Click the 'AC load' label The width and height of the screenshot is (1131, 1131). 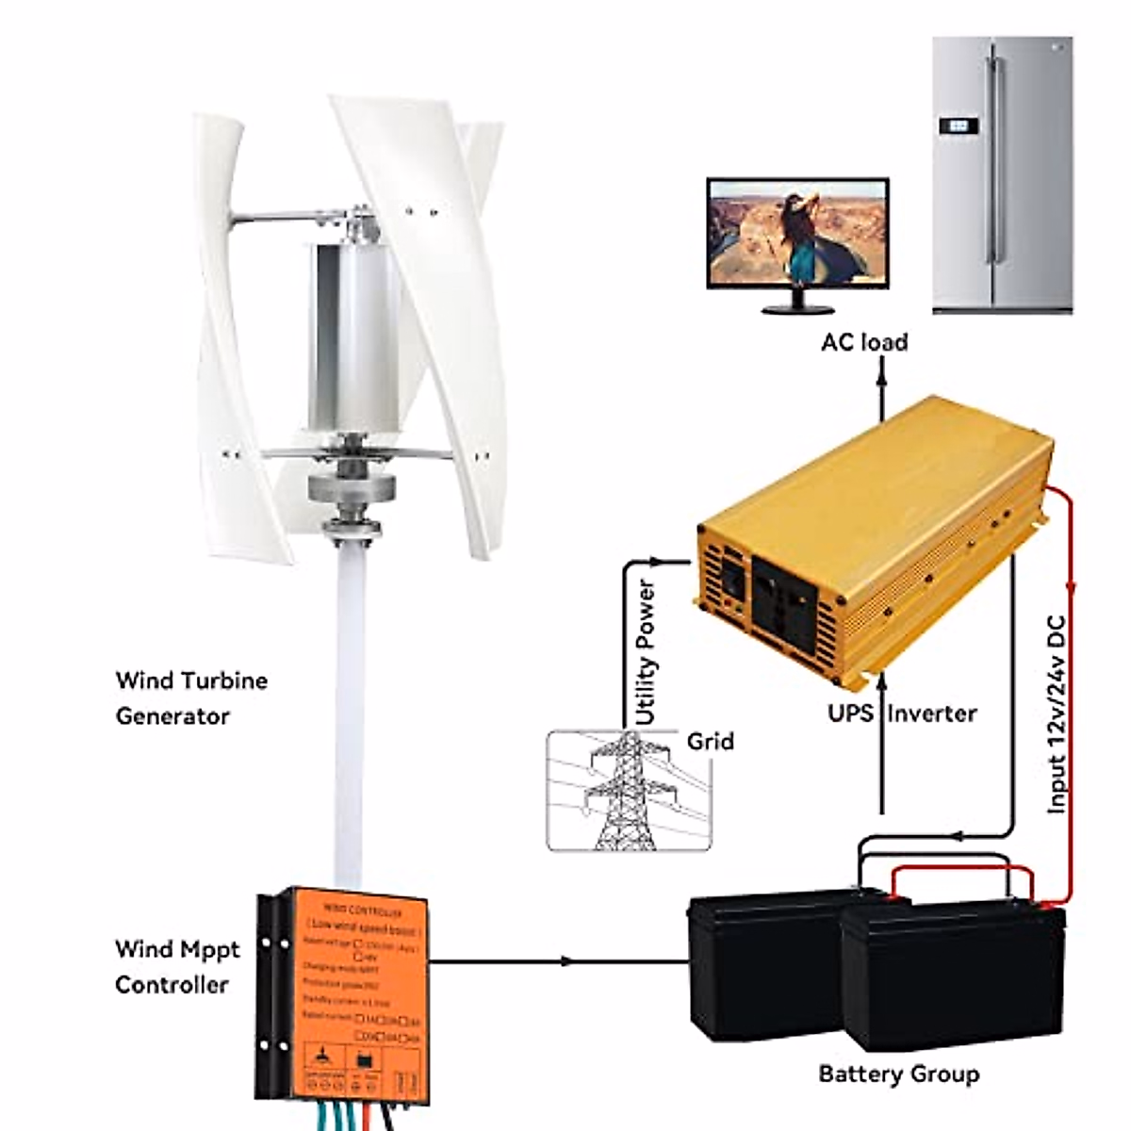(x=864, y=341)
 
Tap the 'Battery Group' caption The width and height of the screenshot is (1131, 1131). (x=898, y=1074)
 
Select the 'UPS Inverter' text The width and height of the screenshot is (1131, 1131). (x=902, y=713)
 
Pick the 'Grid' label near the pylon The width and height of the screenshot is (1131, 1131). (x=711, y=742)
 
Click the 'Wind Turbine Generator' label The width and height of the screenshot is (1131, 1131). (x=191, y=698)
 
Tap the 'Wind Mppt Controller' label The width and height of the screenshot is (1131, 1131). (x=177, y=967)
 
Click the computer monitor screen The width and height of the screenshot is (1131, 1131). (x=797, y=233)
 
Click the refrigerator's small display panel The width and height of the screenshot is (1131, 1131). (x=958, y=124)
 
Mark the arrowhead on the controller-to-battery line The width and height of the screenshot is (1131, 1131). (x=565, y=961)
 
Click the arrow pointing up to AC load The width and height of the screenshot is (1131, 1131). (x=882, y=377)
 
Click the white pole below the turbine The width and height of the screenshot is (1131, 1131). (x=349, y=707)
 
